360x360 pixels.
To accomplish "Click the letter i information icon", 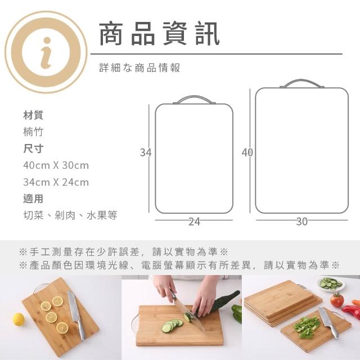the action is [x=46, y=52].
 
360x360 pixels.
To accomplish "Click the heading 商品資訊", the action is [x=159, y=33].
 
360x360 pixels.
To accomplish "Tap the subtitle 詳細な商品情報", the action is [x=139, y=67].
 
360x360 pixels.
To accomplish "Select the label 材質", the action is [x=33, y=115].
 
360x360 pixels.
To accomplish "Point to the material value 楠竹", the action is [x=33, y=132].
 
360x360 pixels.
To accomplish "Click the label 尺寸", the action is [x=33, y=148].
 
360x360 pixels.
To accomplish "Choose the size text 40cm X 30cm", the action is [x=56, y=165].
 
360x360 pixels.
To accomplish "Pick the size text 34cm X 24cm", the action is [x=56, y=182].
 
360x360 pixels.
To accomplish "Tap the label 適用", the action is [x=33, y=199].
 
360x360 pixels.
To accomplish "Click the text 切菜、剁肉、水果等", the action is [x=70, y=215].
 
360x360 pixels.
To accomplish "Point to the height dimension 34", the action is [x=146, y=152].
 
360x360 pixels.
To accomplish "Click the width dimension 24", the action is [x=194, y=222].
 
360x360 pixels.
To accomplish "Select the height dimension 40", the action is [x=247, y=152].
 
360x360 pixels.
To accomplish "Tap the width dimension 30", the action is [x=301, y=222].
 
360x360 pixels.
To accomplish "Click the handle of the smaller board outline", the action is [x=194, y=96].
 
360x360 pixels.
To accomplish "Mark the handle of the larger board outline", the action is [x=301, y=80].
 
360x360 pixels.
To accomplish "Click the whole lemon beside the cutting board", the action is [x=19, y=319].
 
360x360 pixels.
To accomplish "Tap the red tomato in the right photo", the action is [x=337, y=300].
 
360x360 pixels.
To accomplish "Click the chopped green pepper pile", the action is [x=307, y=326].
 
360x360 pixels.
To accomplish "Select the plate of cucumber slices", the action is [x=331, y=283].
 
